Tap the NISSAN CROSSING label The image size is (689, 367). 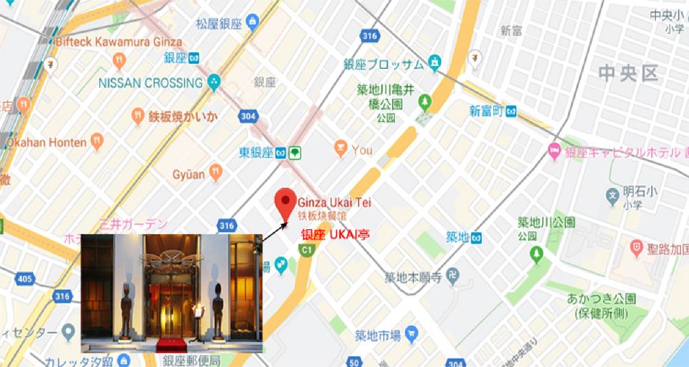pyautogui.click(x=150, y=83)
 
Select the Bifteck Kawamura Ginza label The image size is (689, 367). pyautogui.click(x=119, y=42)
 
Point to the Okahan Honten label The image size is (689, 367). pyautogui.click(x=47, y=143)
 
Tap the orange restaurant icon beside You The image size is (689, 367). pyautogui.click(x=340, y=147)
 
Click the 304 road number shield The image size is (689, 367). pyautogui.click(x=247, y=116)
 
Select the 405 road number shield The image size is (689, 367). pyautogui.click(x=25, y=279)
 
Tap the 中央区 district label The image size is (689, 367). pyautogui.click(x=629, y=74)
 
